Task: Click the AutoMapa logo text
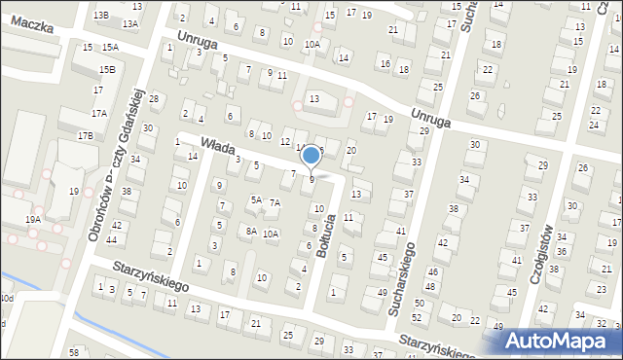click(x=562, y=342)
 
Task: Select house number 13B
click(x=101, y=16)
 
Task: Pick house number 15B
click(x=106, y=69)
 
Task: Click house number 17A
click(x=99, y=114)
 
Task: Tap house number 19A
click(x=33, y=220)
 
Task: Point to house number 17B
click(x=86, y=135)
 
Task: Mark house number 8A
click(x=251, y=231)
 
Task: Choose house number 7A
click(x=275, y=202)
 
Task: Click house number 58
click(x=74, y=350)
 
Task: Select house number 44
click(x=113, y=239)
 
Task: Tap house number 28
click(x=153, y=101)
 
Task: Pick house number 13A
click(x=130, y=22)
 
